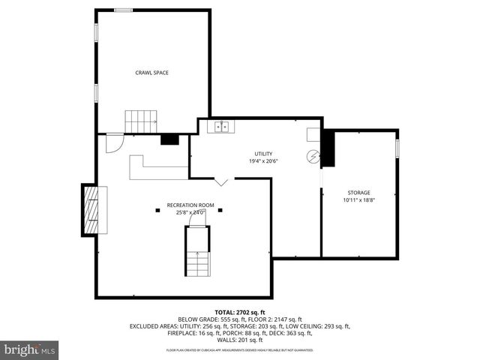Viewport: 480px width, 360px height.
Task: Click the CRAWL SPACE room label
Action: coord(151,73)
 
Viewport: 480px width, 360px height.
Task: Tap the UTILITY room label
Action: coord(262,154)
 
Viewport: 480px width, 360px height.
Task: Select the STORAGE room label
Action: coord(358,193)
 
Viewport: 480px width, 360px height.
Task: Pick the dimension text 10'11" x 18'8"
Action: coord(358,200)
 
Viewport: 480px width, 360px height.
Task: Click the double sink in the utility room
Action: coord(223,127)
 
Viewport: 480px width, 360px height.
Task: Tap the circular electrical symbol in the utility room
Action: coord(313,156)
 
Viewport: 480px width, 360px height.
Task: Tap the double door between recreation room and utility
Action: coord(221,181)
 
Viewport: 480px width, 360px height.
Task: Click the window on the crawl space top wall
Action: coord(124,10)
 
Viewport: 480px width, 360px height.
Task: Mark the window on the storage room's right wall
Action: coord(397,149)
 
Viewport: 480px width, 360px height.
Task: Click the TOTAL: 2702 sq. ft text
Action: coord(240,312)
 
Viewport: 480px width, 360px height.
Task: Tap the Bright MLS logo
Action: coord(30,349)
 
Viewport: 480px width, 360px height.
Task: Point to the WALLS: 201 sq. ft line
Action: coord(240,341)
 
